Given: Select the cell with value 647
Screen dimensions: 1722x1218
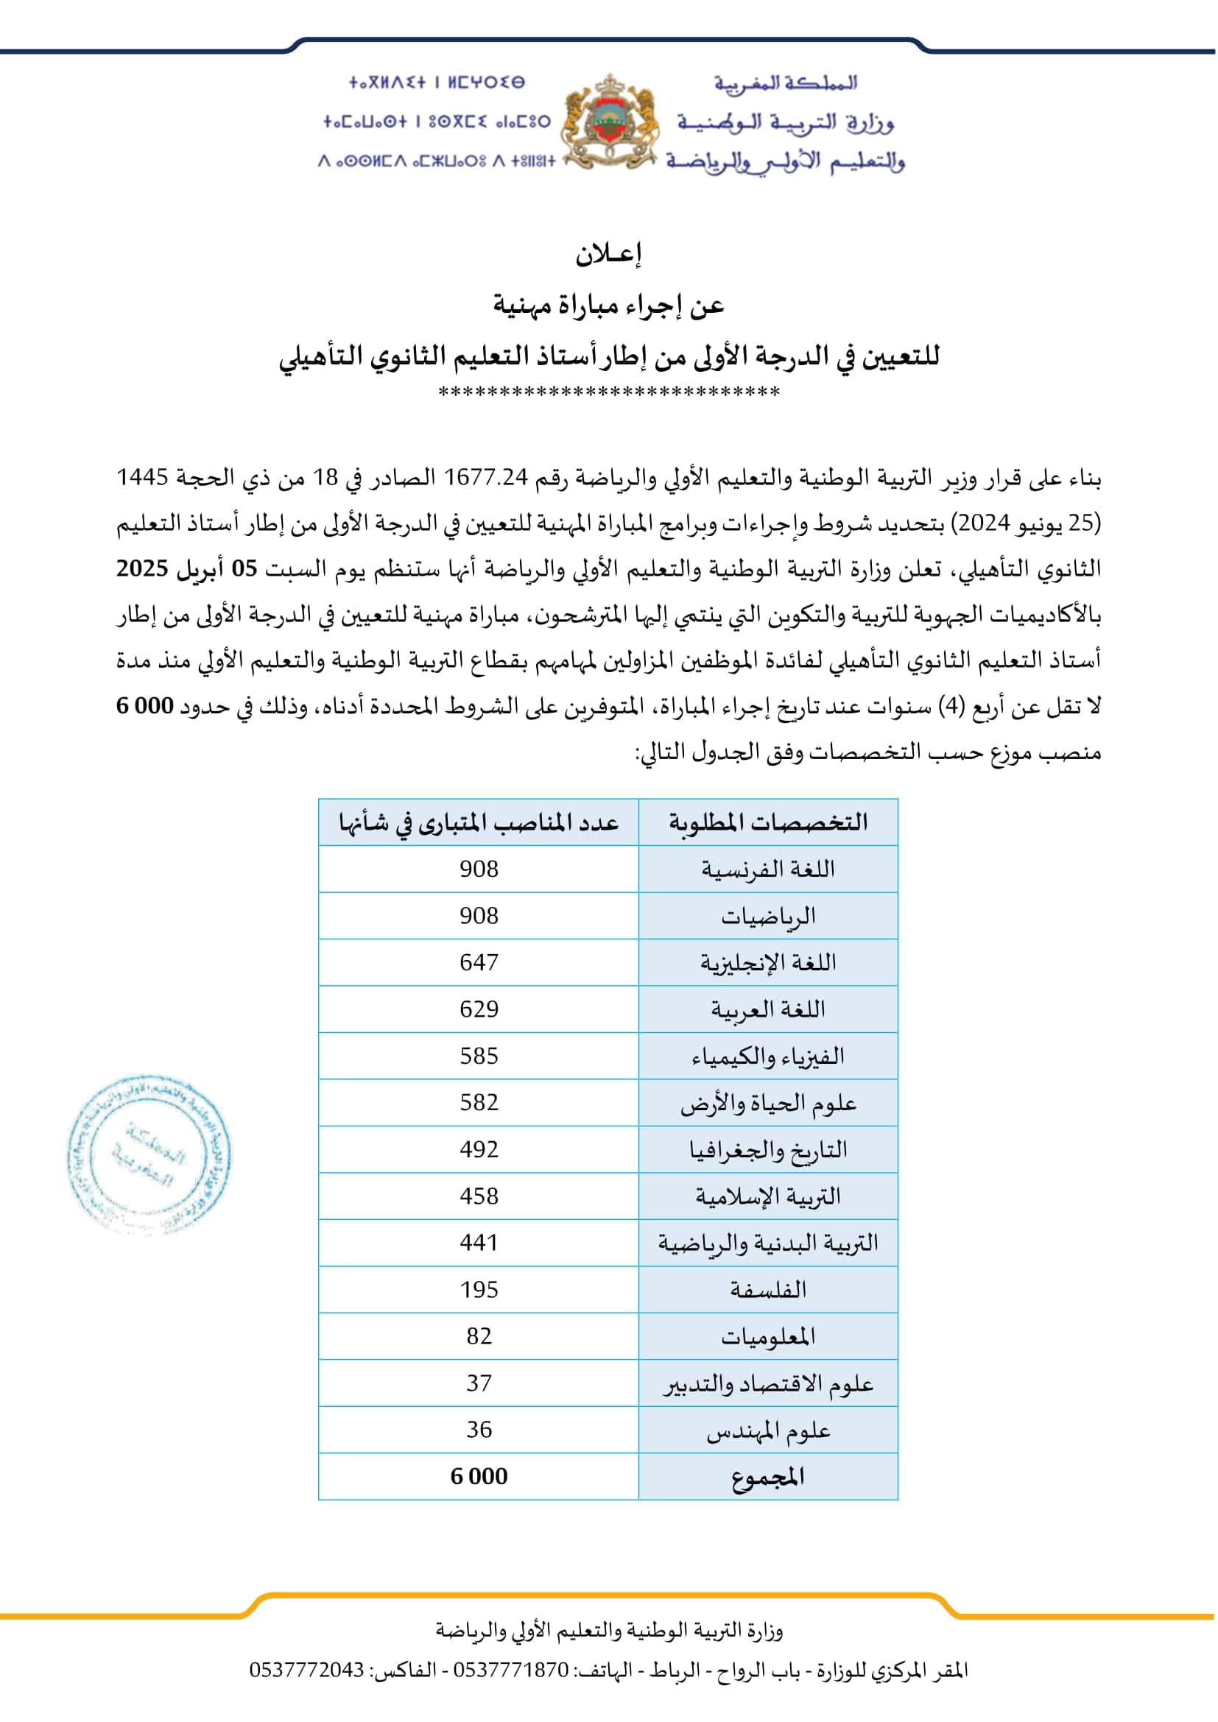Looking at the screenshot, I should click(479, 962).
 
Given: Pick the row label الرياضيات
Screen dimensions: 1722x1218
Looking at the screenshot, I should click(768, 916).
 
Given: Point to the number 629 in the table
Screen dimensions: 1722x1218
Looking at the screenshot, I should click(479, 1009).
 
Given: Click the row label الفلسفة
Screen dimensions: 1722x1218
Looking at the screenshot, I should click(768, 1289).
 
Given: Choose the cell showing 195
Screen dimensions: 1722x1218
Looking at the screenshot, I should click(479, 1289).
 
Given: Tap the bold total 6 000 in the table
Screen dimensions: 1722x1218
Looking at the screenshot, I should click(479, 1476).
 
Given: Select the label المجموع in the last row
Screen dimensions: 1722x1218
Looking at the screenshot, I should click(768, 1476).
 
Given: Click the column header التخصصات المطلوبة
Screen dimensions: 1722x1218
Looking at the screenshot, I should click(768, 823).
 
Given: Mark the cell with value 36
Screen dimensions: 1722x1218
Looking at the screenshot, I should click(479, 1430).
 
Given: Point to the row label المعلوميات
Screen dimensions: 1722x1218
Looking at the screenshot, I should click(768, 1335).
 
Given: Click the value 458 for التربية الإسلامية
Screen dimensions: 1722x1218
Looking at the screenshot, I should click(479, 1196).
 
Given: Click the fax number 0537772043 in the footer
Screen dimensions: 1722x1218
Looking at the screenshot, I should click(307, 1670).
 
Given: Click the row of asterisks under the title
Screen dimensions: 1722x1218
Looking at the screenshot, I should click(608, 392).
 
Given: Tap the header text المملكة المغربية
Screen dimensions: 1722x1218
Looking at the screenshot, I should click(785, 82).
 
